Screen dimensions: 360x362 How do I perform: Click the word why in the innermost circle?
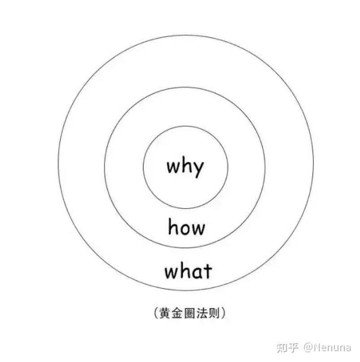pyautogui.click(x=185, y=166)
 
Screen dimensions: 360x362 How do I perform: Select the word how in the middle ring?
pyautogui.click(x=187, y=227)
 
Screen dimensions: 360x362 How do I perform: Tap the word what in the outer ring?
pyautogui.click(x=188, y=271)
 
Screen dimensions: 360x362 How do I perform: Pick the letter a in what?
pyautogui.click(x=197, y=273)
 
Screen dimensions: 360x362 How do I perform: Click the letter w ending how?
pyautogui.click(x=197, y=229)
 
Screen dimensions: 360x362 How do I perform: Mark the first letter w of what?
pyautogui.click(x=171, y=273)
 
